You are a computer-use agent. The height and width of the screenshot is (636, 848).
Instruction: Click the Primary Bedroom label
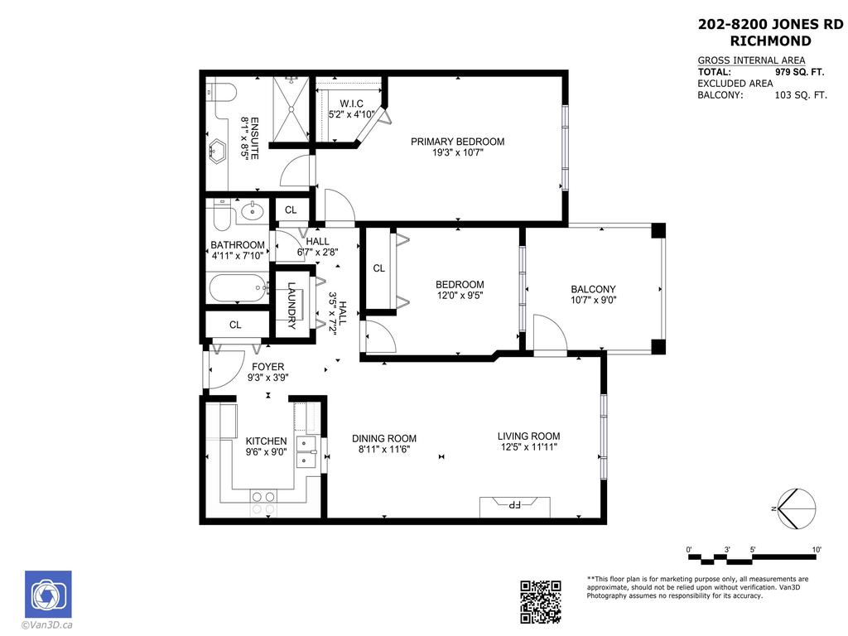pos(457,142)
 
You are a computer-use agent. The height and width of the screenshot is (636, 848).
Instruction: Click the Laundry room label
pos(291,306)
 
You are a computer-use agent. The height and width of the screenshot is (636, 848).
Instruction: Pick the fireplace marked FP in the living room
pos(514,504)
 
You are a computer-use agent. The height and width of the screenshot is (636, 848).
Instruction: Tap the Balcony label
pos(593,289)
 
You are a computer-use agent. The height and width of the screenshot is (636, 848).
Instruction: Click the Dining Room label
pos(383,438)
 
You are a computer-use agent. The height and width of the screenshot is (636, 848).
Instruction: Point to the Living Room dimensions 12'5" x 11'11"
pos(528,447)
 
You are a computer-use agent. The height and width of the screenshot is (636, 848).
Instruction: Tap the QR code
pos(541,601)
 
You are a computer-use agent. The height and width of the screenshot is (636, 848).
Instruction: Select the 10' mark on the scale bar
pos(816,550)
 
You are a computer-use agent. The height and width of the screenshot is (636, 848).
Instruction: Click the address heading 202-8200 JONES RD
pos(771,25)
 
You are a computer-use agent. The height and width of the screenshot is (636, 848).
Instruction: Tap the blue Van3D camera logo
pos(48,594)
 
